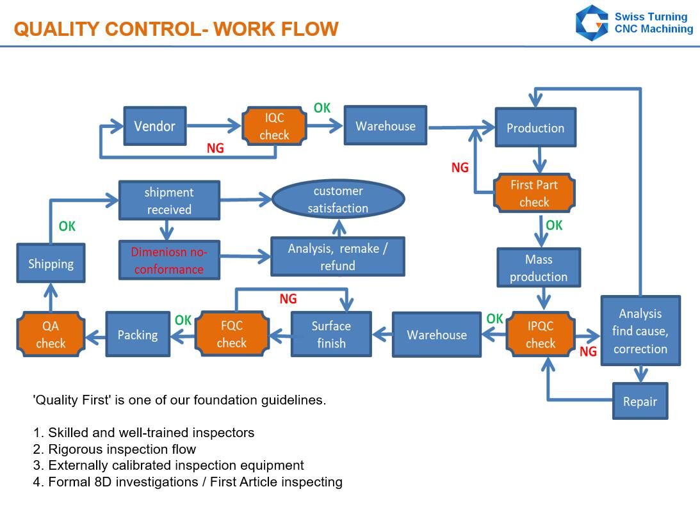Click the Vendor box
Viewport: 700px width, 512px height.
(x=155, y=126)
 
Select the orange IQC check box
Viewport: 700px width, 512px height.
(x=274, y=126)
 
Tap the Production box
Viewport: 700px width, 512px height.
(x=535, y=127)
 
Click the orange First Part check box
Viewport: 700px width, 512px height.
(x=534, y=193)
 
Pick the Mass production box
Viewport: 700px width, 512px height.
(x=539, y=268)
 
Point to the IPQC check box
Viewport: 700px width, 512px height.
(x=540, y=334)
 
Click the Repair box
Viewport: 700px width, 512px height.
(x=640, y=401)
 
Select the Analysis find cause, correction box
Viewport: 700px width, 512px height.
(x=640, y=330)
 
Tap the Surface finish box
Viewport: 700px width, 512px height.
(x=331, y=334)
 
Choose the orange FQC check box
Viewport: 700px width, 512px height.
(x=232, y=333)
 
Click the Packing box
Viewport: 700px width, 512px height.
(x=138, y=334)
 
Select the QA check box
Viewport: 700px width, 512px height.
(x=51, y=334)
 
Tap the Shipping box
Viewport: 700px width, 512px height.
(x=51, y=263)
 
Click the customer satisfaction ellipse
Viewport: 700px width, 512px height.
(x=338, y=199)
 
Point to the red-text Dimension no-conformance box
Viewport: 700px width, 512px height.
(x=169, y=260)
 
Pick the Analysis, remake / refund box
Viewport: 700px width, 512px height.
(x=338, y=257)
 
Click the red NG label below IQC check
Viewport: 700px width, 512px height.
(x=215, y=148)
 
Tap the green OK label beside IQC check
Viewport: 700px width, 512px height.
(x=322, y=108)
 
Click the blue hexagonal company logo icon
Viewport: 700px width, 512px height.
(x=592, y=23)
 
